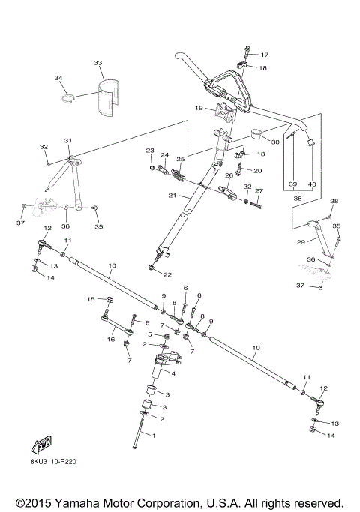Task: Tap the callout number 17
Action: pos(264,55)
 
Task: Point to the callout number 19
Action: pos(199,108)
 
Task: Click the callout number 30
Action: pos(274,142)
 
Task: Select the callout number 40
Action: pos(312,184)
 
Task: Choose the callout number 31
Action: pos(67,140)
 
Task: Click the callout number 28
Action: pos(334,201)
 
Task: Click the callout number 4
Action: pos(174,372)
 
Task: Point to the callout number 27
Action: pos(259,191)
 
